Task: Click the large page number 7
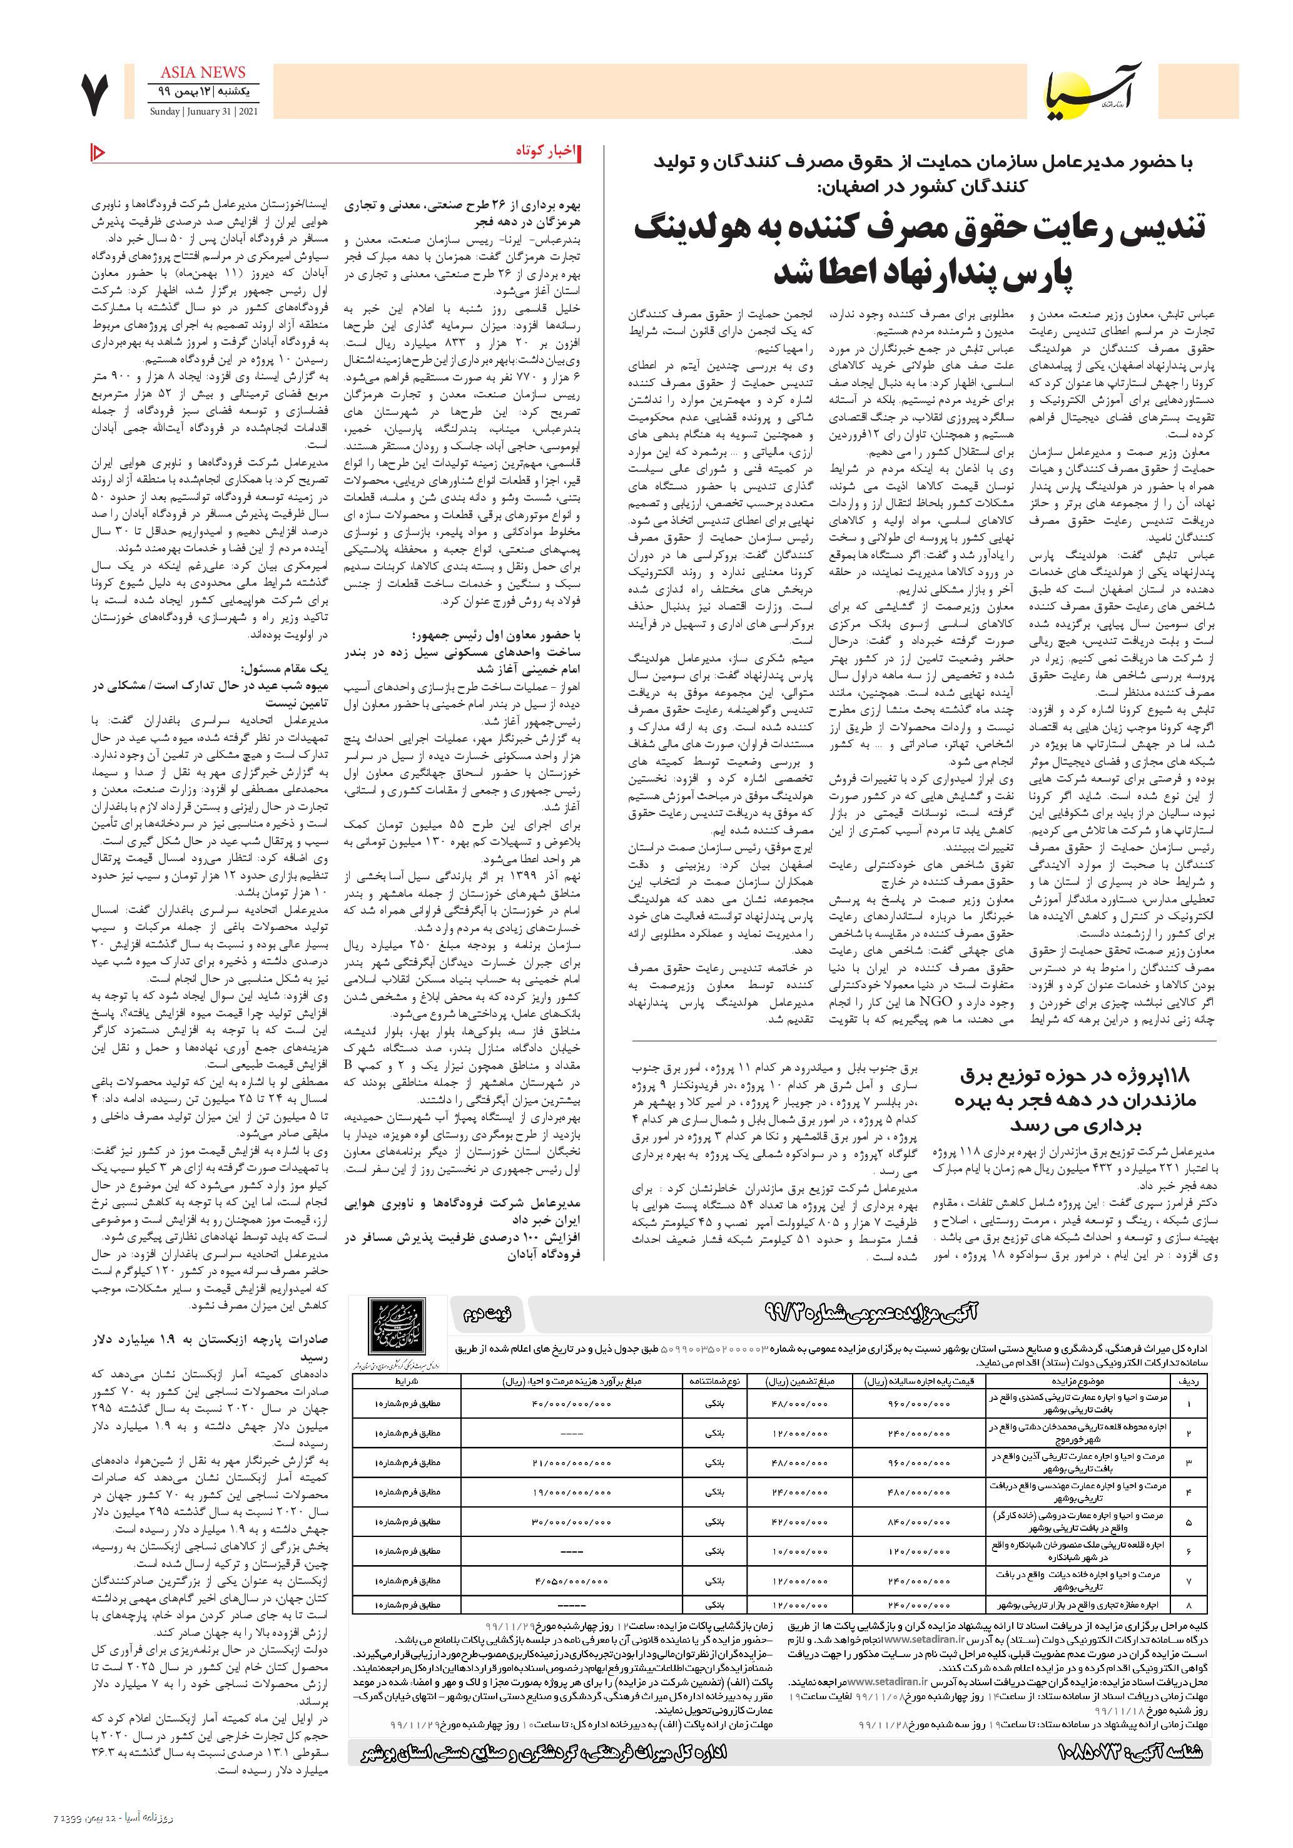click(x=96, y=96)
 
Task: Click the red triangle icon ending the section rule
click(x=98, y=151)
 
